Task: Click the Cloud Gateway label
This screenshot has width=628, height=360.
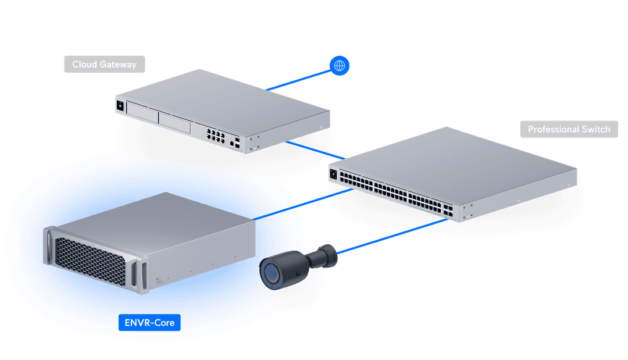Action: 104,64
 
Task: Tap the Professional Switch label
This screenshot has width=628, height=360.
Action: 569,129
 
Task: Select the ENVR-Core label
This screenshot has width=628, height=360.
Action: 149,322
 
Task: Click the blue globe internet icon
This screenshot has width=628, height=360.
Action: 339,66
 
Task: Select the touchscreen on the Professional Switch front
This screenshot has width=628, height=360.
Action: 333,173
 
